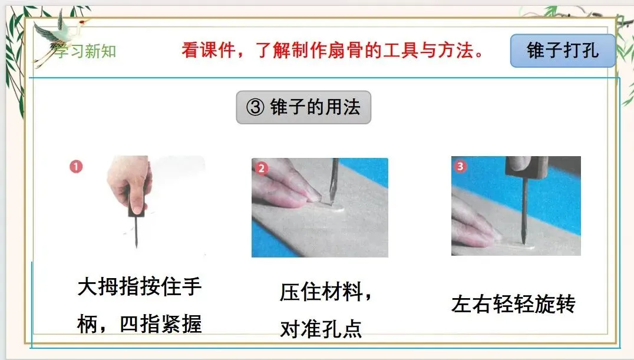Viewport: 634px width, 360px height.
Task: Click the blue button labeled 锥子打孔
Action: pyautogui.click(x=563, y=51)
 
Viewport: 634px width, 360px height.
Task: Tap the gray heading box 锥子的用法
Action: pyautogui.click(x=303, y=107)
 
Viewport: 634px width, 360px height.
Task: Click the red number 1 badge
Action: pyautogui.click(x=76, y=166)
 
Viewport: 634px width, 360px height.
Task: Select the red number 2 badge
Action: pyautogui.click(x=261, y=169)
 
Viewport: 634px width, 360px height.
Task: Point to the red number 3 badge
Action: pyautogui.click(x=460, y=166)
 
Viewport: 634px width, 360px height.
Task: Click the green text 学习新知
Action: pyautogui.click(x=85, y=51)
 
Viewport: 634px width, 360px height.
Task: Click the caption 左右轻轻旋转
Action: pyautogui.click(x=513, y=304)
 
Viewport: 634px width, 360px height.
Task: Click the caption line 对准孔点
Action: pyautogui.click(x=321, y=329)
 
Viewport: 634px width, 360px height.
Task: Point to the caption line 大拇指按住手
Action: pyautogui.click(x=140, y=287)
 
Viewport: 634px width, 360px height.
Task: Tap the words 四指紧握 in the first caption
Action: pyautogui.click(x=160, y=325)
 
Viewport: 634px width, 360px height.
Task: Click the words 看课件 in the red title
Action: pyautogui.click(x=208, y=51)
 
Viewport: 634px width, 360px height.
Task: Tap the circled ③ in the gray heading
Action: pyautogui.click(x=255, y=108)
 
